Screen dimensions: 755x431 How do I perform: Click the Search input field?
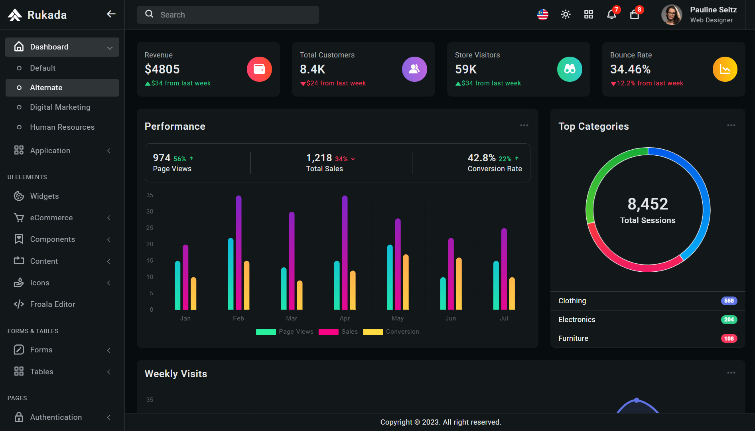click(x=228, y=15)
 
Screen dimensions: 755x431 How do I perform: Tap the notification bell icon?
click(x=611, y=15)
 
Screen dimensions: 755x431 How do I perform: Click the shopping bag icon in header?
click(x=635, y=15)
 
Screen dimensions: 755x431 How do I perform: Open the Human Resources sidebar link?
click(x=62, y=127)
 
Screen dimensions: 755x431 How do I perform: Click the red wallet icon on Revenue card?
click(x=259, y=69)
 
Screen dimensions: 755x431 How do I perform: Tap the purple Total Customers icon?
click(x=414, y=69)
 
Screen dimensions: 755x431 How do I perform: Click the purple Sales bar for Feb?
click(x=239, y=253)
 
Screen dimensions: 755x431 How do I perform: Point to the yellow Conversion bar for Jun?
click(x=459, y=283)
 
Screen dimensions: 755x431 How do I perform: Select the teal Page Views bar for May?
click(x=390, y=277)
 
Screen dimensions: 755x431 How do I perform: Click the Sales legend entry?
click(x=338, y=332)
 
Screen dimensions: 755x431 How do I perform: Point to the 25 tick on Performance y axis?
click(x=150, y=228)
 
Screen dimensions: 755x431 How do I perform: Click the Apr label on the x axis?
click(x=345, y=318)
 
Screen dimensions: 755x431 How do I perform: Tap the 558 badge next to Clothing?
click(x=729, y=301)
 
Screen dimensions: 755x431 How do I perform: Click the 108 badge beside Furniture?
click(x=729, y=338)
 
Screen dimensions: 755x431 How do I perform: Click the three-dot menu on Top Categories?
click(x=731, y=125)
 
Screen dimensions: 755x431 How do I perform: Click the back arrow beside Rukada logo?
click(x=111, y=14)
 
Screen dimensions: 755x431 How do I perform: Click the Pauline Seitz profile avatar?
click(x=672, y=15)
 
